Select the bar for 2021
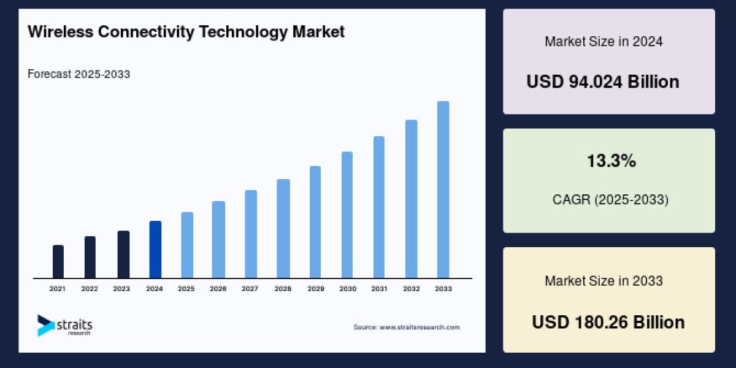[58, 262]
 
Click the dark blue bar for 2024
[155, 250]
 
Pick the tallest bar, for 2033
[443, 190]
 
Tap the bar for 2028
[283, 228]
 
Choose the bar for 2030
[347, 215]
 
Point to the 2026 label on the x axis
[218, 288]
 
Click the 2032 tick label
[411, 288]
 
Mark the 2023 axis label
[122, 288]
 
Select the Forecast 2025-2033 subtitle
[79, 74]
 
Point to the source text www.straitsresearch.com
[420, 328]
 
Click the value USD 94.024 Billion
[602, 82]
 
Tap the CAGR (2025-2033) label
[609, 199]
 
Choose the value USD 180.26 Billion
[608, 321]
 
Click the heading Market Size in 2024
[604, 42]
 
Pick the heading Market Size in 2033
[604, 281]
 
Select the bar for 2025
[187, 245]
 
